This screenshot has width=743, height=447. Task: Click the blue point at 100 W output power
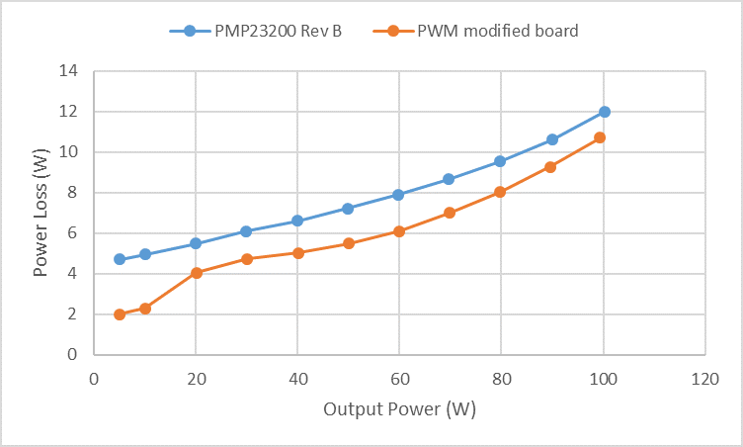pos(604,112)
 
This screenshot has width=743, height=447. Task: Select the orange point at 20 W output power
pos(197,272)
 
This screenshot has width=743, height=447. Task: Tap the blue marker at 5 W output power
pos(120,259)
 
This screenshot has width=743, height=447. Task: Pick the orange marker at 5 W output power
pos(120,314)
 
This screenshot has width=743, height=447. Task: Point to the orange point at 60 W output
pos(399,231)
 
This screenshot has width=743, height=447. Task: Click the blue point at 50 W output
pos(348,209)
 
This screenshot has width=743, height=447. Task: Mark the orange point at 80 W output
pos(500,192)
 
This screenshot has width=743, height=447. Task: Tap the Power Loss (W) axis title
pos(41,213)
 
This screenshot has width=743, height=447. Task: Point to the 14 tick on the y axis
pos(68,71)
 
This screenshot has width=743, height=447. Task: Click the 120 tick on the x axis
pos(703,377)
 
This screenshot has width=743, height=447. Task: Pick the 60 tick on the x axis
pos(399,377)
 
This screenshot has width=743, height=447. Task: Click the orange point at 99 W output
pos(599,137)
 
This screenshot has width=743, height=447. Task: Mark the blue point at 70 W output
pos(449,179)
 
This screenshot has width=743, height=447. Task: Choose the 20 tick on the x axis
pos(196,377)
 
